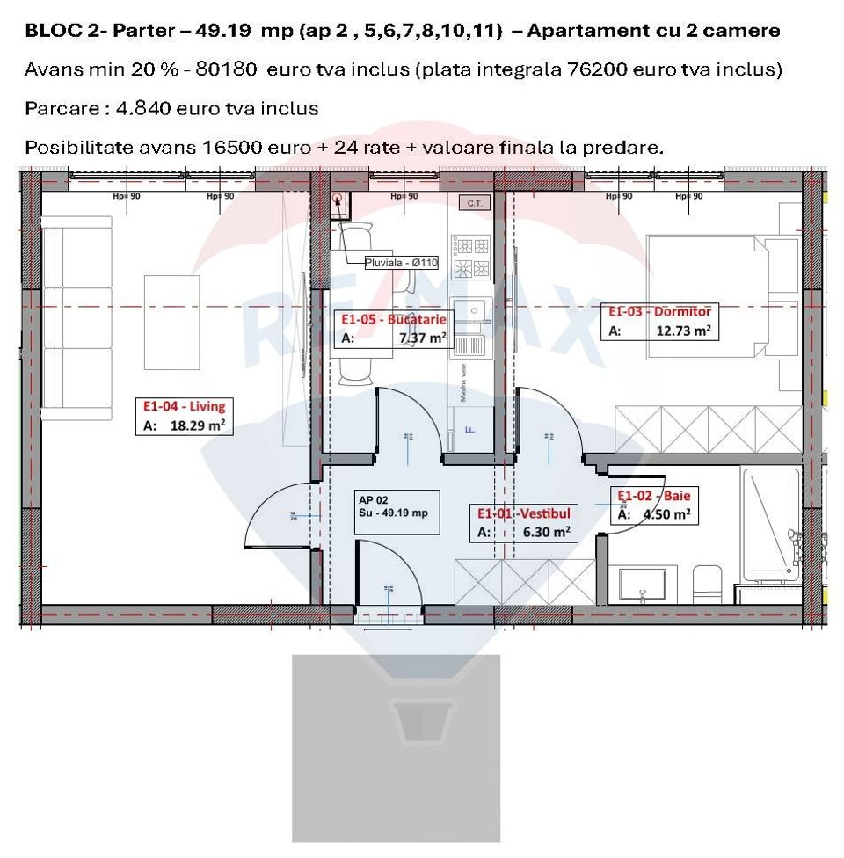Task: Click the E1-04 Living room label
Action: (x=184, y=406)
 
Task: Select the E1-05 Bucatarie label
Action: (x=393, y=319)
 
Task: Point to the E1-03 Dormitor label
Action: (x=660, y=311)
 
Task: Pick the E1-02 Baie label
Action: (x=653, y=496)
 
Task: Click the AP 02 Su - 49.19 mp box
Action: (x=393, y=507)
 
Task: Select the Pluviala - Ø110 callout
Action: (x=402, y=262)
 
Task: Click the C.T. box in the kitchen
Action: (x=476, y=203)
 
